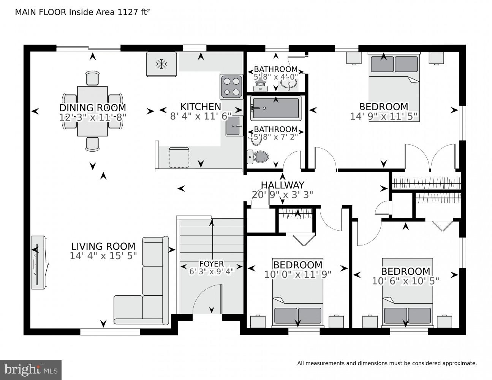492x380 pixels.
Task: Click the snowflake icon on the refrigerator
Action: [x=162, y=64]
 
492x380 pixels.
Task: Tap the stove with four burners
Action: [x=231, y=86]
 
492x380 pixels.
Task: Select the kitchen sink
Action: [x=234, y=126]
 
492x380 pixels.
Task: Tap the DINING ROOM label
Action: [x=92, y=108]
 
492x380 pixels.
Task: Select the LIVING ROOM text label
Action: [x=103, y=246]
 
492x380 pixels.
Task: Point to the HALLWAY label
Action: [x=282, y=185]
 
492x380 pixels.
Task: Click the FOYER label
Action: [x=211, y=264]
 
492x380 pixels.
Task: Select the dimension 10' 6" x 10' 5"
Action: [x=405, y=281]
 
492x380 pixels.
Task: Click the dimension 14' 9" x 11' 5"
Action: [x=383, y=116]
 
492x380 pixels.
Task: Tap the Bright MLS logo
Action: [x=31, y=370]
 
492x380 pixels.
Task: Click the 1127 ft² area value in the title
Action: [x=133, y=12]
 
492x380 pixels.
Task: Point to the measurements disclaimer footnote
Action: [x=387, y=363]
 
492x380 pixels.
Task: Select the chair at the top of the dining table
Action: [x=92, y=78]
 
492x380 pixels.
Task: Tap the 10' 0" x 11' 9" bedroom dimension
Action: [x=298, y=274]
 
